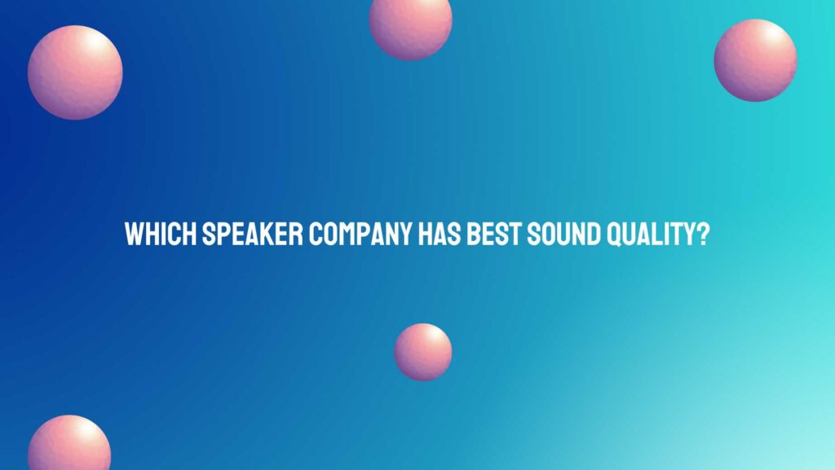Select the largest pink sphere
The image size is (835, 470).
pos(75,72)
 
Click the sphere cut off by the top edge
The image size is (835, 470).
pos(410,24)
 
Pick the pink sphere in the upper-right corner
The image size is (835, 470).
pos(755,60)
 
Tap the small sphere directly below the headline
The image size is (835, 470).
pos(423,352)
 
